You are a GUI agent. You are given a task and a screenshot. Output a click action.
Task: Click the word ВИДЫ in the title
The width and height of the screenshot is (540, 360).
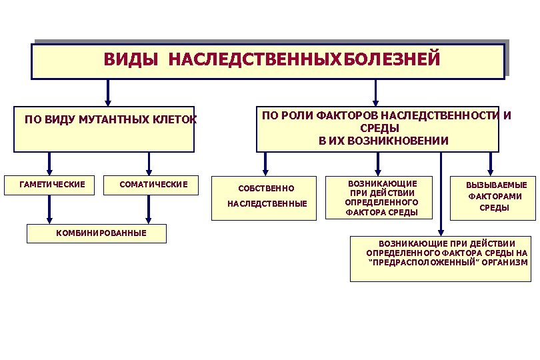point(131,60)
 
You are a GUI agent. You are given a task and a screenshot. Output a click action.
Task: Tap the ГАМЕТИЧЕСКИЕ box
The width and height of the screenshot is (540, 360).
point(53,184)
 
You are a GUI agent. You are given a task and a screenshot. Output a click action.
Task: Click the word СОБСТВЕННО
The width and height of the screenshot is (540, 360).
point(266,189)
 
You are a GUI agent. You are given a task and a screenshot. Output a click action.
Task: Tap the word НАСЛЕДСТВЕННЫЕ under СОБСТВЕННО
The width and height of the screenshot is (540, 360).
point(267,203)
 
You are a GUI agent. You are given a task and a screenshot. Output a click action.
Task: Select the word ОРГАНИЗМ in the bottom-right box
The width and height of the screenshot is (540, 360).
point(505,263)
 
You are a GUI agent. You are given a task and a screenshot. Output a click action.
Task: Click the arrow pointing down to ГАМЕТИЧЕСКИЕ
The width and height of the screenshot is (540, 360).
point(49,163)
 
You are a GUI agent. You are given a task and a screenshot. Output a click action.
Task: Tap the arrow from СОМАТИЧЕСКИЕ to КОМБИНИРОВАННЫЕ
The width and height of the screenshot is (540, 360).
point(149,209)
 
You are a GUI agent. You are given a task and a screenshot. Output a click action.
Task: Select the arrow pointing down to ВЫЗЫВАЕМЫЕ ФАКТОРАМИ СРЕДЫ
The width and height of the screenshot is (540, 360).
point(491,163)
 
